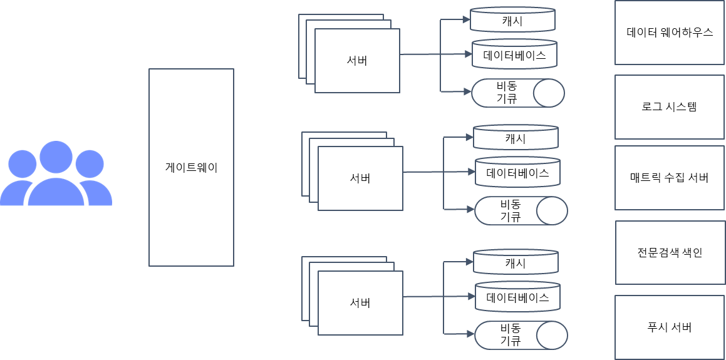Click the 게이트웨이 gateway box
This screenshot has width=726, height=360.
(191, 167)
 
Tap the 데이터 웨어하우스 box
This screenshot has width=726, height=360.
(670, 33)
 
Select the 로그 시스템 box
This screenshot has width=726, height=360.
(670, 107)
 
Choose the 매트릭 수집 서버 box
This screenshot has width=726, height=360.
(670, 178)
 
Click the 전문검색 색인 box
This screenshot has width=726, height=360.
(670, 252)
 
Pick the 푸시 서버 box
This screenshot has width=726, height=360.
(670, 327)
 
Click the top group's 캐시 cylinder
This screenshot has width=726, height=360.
(513, 20)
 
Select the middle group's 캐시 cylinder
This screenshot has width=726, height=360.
(516, 138)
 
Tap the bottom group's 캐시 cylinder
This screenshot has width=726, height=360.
(516, 262)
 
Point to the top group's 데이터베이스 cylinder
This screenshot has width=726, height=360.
(514, 55)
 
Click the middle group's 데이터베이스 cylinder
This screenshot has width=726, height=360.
(517, 173)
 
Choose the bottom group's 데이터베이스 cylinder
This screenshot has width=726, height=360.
(517, 297)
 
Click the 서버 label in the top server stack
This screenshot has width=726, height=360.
(357, 61)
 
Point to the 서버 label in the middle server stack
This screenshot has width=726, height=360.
(360, 178)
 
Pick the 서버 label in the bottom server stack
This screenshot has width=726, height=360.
(360, 303)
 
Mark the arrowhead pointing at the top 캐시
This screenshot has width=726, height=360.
(466, 20)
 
